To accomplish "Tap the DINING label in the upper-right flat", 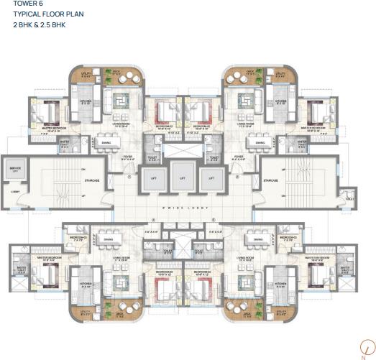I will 260,142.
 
